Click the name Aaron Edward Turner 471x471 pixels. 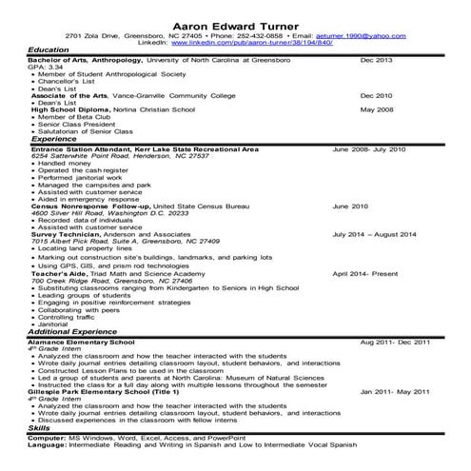[x=235, y=22]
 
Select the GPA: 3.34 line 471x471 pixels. [x=48, y=68]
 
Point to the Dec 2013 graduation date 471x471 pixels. [x=376, y=60]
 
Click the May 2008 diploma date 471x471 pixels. [x=377, y=109]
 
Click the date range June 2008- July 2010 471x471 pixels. [x=369, y=149]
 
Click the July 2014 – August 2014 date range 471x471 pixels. [x=374, y=233]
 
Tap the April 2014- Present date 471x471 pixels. [x=365, y=272]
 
